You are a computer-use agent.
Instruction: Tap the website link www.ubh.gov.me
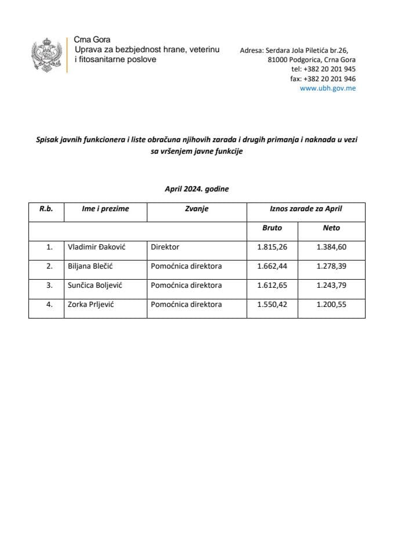(x=328, y=88)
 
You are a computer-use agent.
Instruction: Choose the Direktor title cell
(x=165, y=247)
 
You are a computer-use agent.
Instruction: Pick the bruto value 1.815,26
(x=272, y=247)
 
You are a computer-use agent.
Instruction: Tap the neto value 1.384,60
(x=331, y=247)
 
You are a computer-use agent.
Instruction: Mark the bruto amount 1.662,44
(x=272, y=266)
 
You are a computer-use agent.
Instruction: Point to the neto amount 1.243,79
(x=331, y=285)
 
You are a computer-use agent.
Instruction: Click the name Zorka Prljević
(x=91, y=303)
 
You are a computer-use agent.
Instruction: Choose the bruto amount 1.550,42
(x=272, y=303)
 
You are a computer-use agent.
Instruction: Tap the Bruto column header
(x=272, y=228)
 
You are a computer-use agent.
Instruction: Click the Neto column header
(x=331, y=228)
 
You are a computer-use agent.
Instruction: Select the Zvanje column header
(x=197, y=209)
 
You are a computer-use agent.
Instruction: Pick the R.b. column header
(x=46, y=209)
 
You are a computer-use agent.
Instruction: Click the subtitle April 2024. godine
(x=197, y=189)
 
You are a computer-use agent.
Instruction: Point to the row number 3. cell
(x=49, y=285)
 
